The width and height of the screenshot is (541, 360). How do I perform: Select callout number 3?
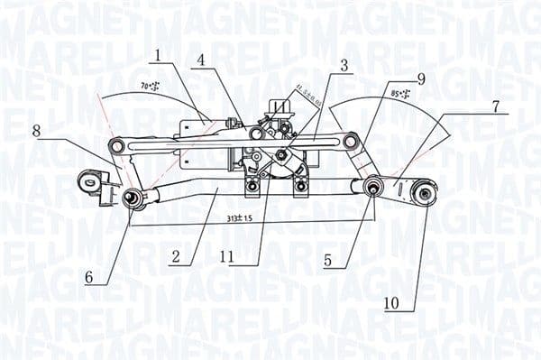tap(344, 65)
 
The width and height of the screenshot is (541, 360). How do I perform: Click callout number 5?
tap(328, 261)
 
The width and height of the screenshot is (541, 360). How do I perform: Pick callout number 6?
tap(89, 278)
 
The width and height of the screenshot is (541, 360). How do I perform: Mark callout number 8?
tap(37, 131)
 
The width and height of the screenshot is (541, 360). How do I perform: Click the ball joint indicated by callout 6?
tap(132, 197)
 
